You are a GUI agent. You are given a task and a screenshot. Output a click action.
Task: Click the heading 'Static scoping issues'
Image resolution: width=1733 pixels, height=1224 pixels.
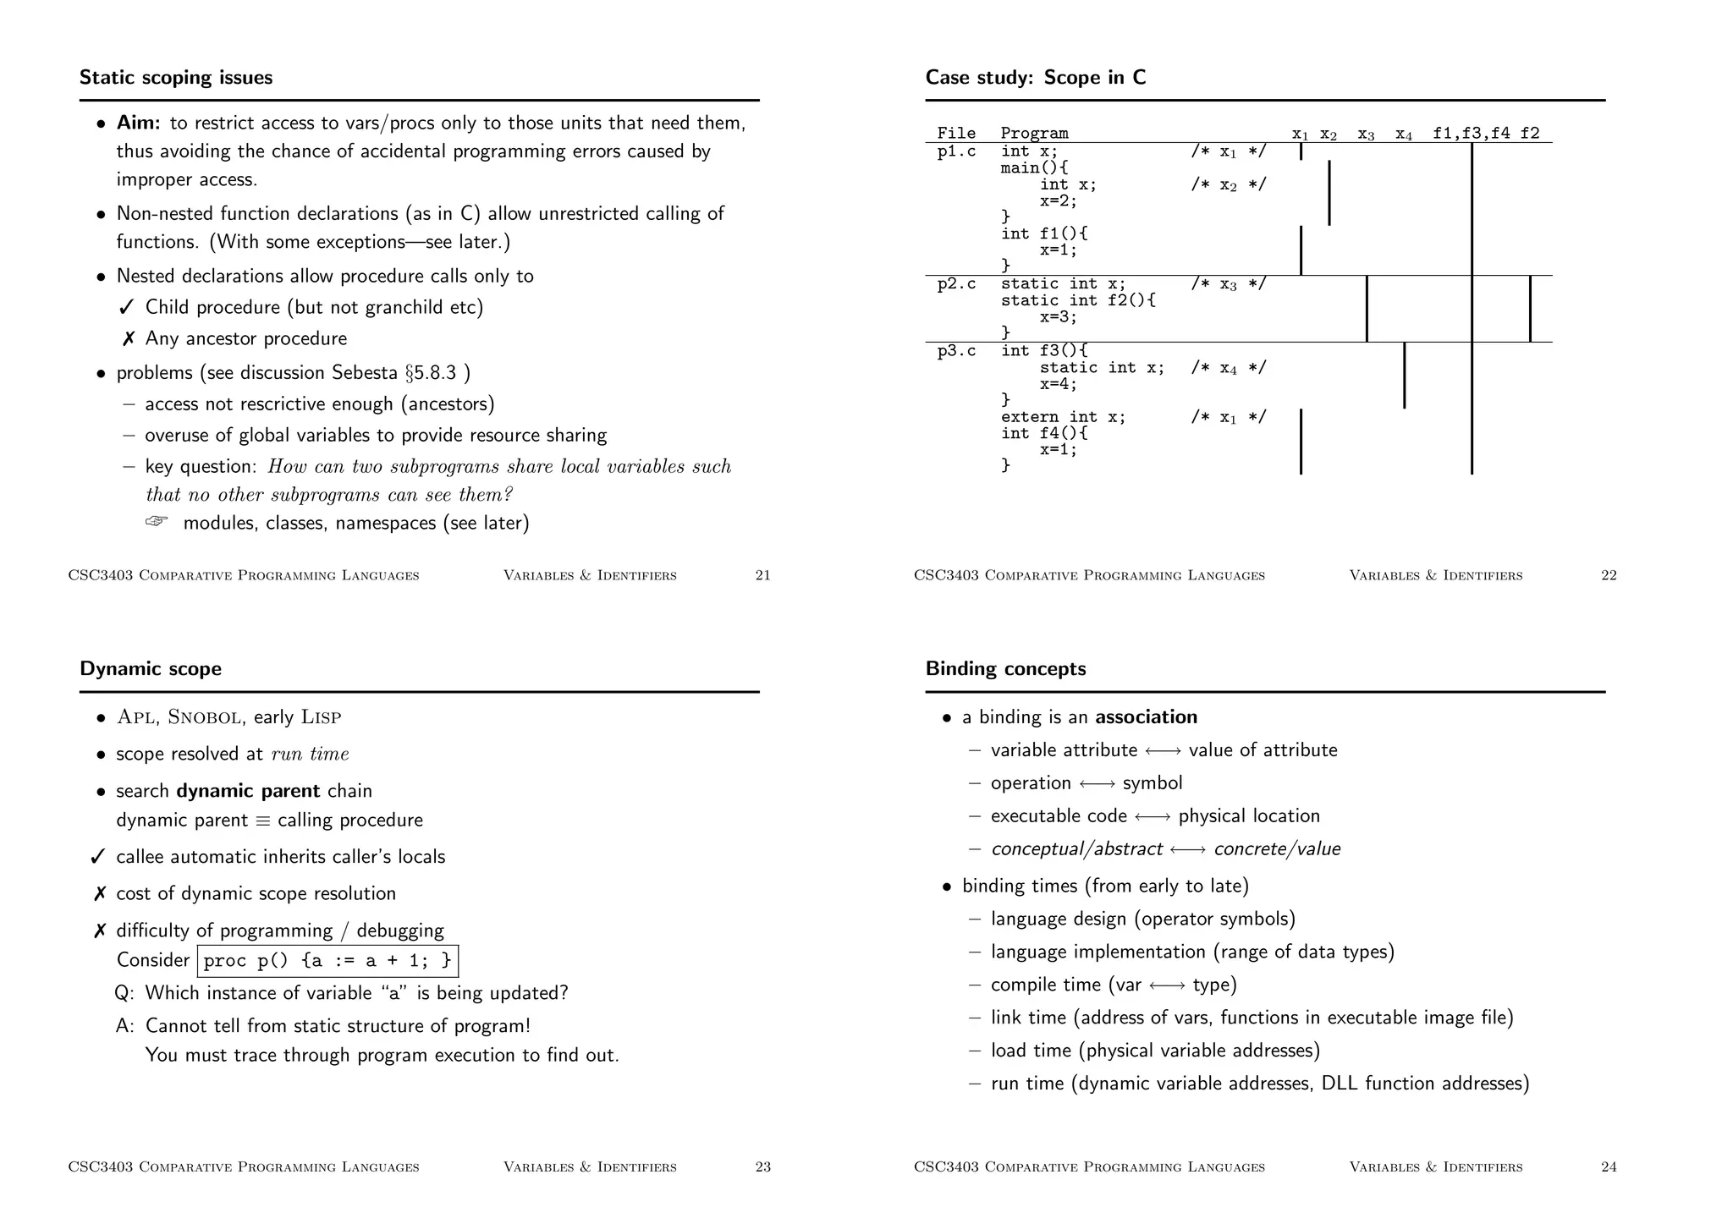click(176, 78)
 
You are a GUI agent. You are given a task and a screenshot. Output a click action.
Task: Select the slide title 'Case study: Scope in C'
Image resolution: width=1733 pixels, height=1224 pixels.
click(1036, 78)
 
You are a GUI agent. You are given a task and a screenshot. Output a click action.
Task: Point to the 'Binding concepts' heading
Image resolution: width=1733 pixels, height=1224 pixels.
click(1005, 669)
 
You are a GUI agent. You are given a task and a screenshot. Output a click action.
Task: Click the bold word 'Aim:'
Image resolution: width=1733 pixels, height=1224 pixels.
click(138, 123)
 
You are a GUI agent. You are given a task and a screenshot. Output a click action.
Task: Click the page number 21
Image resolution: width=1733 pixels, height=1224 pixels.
click(762, 576)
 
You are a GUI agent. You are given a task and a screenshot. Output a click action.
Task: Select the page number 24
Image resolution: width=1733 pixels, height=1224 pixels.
click(1609, 1167)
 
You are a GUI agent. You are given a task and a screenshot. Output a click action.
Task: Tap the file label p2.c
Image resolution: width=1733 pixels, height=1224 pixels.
click(956, 284)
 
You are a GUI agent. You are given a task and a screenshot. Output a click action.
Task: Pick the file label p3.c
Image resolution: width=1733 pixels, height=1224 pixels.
click(956, 351)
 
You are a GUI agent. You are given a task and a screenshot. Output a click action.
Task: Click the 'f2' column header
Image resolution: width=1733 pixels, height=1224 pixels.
click(1530, 134)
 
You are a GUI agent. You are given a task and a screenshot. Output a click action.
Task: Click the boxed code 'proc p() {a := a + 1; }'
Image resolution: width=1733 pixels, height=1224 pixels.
click(327, 961)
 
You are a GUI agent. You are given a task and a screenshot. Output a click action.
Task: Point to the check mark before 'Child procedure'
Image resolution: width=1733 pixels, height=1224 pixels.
click(128, 308)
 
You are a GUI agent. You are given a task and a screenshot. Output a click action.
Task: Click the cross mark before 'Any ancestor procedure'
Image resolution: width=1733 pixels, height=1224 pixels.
click(128, 339)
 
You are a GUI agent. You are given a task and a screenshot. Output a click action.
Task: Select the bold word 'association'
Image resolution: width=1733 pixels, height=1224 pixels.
click(1146, 717)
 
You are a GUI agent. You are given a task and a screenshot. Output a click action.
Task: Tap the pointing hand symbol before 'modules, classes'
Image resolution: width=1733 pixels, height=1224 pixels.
click(157, 522)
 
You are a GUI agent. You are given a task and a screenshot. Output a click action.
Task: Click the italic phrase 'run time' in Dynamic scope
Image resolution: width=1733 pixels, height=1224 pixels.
click(310, 755)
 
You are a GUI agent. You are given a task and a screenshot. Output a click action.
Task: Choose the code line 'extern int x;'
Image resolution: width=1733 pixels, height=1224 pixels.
click(1063, 417)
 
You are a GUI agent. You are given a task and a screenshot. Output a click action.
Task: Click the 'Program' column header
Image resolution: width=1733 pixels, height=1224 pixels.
click(1034, 134)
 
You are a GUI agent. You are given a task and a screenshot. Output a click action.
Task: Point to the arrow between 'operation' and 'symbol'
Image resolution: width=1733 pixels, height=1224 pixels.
click(1097, 784)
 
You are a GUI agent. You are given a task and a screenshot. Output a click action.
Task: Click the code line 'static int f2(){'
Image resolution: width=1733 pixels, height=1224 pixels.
click(1078, 301)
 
